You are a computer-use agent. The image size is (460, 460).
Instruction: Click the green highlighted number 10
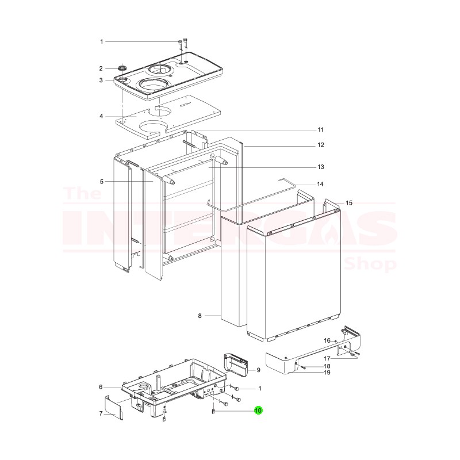258,411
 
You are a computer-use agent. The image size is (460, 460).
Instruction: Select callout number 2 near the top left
101,68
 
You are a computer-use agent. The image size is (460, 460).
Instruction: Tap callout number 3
101,80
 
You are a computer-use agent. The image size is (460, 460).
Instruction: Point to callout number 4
101,116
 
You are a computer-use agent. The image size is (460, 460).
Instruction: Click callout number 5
101,182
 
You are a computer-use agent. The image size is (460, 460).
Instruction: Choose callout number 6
101,387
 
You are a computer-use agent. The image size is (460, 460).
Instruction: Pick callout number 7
101,413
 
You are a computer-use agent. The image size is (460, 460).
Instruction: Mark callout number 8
200,316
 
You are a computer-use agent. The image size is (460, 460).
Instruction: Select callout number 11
321,129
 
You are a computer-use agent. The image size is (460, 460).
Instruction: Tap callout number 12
321,145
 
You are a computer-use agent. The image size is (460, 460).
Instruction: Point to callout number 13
321,167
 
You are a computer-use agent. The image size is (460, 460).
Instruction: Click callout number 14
321,184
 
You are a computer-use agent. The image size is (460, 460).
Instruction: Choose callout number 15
348,203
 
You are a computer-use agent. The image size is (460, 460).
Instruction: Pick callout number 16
327,340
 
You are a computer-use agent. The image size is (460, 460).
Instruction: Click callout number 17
327,359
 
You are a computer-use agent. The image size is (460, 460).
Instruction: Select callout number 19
327,373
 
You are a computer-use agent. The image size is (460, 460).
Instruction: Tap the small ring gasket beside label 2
122,69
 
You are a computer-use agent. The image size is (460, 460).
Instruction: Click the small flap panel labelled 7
115,407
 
